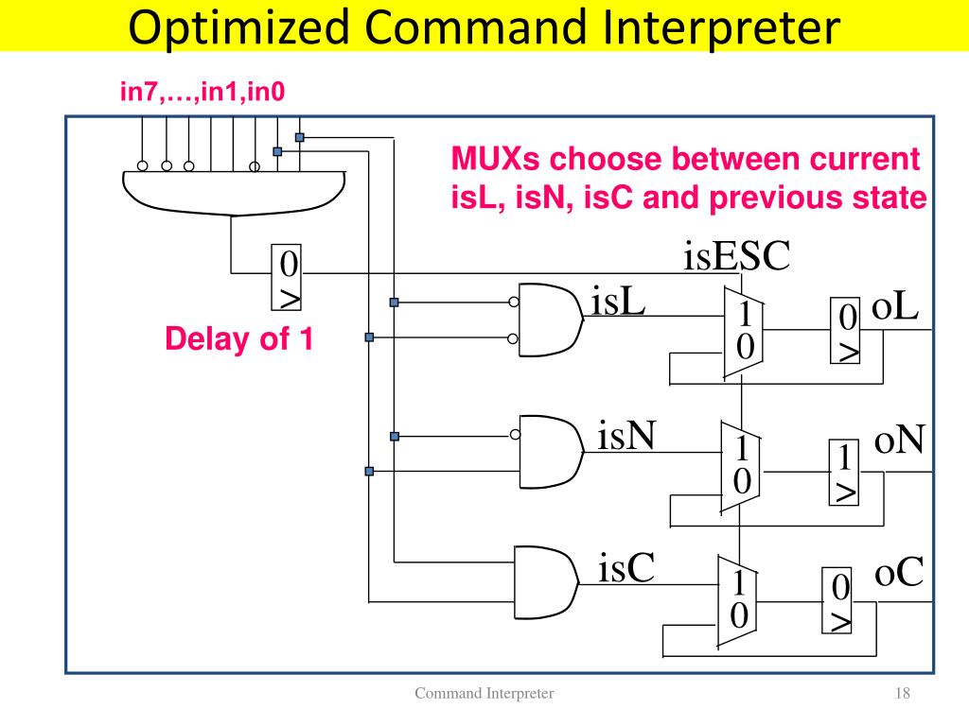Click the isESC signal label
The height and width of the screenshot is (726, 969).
736,256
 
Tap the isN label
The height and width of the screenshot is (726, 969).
628,437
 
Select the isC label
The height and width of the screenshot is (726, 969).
626,570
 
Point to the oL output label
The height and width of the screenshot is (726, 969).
895,307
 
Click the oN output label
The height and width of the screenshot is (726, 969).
899,440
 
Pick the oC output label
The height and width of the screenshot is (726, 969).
898,574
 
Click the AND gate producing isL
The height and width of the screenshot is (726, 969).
549,320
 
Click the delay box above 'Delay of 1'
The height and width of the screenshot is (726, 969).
289,277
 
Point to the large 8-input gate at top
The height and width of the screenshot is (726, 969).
231,192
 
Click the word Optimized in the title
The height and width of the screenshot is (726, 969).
236,27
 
